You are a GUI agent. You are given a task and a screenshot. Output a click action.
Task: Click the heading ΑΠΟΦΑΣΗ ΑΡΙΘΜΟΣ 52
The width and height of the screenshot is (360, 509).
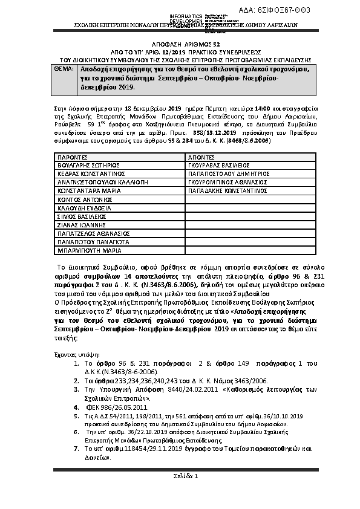point(180,44)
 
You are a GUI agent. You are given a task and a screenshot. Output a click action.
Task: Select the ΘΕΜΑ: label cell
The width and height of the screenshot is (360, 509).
point(57,70)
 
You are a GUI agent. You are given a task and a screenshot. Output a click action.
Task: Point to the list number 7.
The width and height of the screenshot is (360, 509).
point(76,449)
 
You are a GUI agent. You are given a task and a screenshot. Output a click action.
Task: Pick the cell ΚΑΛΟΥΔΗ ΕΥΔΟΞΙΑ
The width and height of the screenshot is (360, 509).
point(84,207)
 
